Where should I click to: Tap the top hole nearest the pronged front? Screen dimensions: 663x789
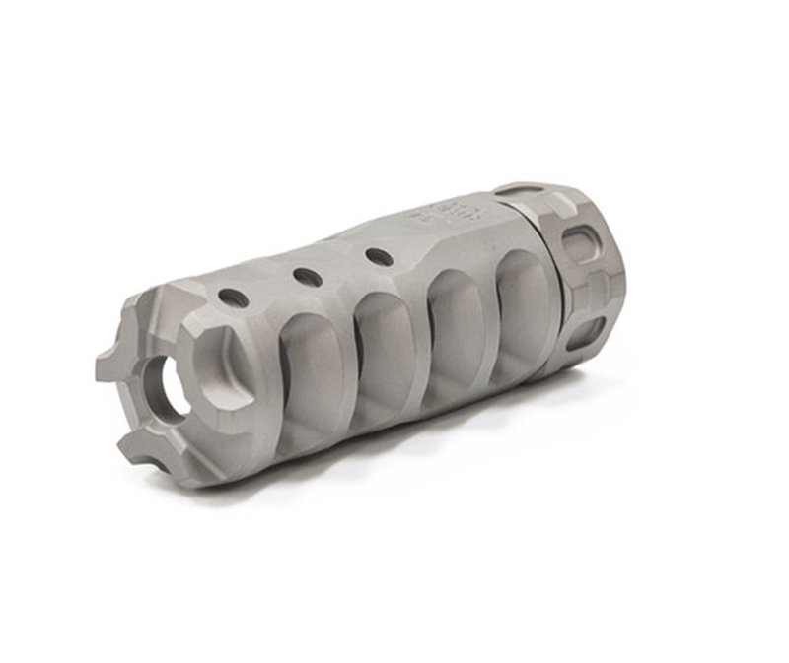(x=231, y=296)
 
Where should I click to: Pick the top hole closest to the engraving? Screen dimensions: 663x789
(x=375, y=256)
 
